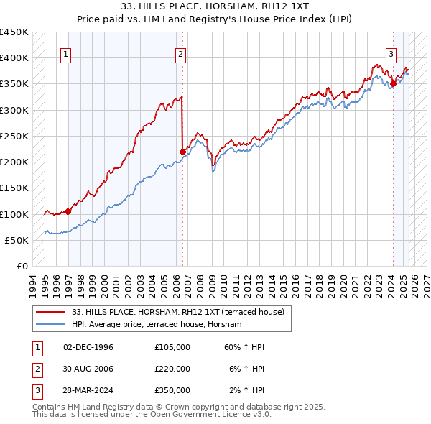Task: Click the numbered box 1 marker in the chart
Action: point(66,53)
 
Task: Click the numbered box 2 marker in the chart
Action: point(180,53)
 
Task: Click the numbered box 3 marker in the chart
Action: point(391,53)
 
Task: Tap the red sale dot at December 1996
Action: point(68,211)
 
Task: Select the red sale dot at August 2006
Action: point(182,152)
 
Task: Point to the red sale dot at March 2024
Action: point(393,84)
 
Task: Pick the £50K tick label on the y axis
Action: point(17,241)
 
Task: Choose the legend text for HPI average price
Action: point(157,324)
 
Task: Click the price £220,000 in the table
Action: point(172,369)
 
